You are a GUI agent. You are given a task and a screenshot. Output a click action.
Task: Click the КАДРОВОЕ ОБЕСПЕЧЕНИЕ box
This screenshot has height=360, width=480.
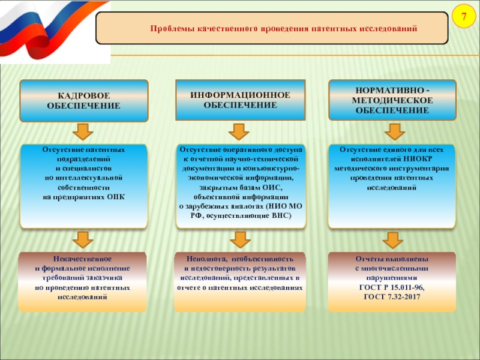[83, 101]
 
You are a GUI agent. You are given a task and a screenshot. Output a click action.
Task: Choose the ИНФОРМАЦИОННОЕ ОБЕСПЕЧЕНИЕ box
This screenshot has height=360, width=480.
[240, 100]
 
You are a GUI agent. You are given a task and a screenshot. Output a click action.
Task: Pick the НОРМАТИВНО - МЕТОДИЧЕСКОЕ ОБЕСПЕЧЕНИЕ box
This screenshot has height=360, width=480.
[392, 100]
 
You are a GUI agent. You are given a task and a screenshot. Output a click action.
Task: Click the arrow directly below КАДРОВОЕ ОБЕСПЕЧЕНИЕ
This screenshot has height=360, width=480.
[83, 132]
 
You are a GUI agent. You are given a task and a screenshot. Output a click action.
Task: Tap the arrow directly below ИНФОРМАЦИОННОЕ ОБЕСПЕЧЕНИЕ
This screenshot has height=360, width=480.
[239, 132]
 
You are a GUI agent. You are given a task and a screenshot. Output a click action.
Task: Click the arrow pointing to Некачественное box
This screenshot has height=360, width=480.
[83, 241]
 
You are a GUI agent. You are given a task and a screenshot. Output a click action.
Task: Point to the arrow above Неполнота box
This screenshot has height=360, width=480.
[239, 241]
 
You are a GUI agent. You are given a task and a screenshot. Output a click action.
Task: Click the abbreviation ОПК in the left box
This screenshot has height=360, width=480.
[115, 197]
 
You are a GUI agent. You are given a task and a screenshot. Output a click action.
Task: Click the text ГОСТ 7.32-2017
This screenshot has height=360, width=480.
[392, 297]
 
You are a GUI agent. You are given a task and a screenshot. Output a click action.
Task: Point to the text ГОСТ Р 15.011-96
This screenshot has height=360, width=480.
[392, 288]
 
